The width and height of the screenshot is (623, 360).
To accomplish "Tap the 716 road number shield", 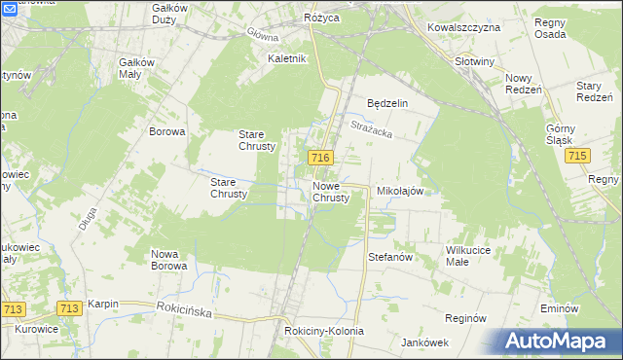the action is (322, 158).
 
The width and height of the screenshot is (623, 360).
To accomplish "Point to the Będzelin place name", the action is (386, 103).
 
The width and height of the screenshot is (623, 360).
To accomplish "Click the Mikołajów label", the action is (399, 192).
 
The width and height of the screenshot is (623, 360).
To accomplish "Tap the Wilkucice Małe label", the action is (472, 256).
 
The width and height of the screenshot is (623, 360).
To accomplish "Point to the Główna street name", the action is (262, 35).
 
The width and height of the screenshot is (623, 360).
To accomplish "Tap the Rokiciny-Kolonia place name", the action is (324, 331).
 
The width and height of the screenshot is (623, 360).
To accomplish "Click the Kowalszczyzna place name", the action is (463, 27).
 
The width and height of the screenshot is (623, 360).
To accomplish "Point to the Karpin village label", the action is (103, 304).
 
